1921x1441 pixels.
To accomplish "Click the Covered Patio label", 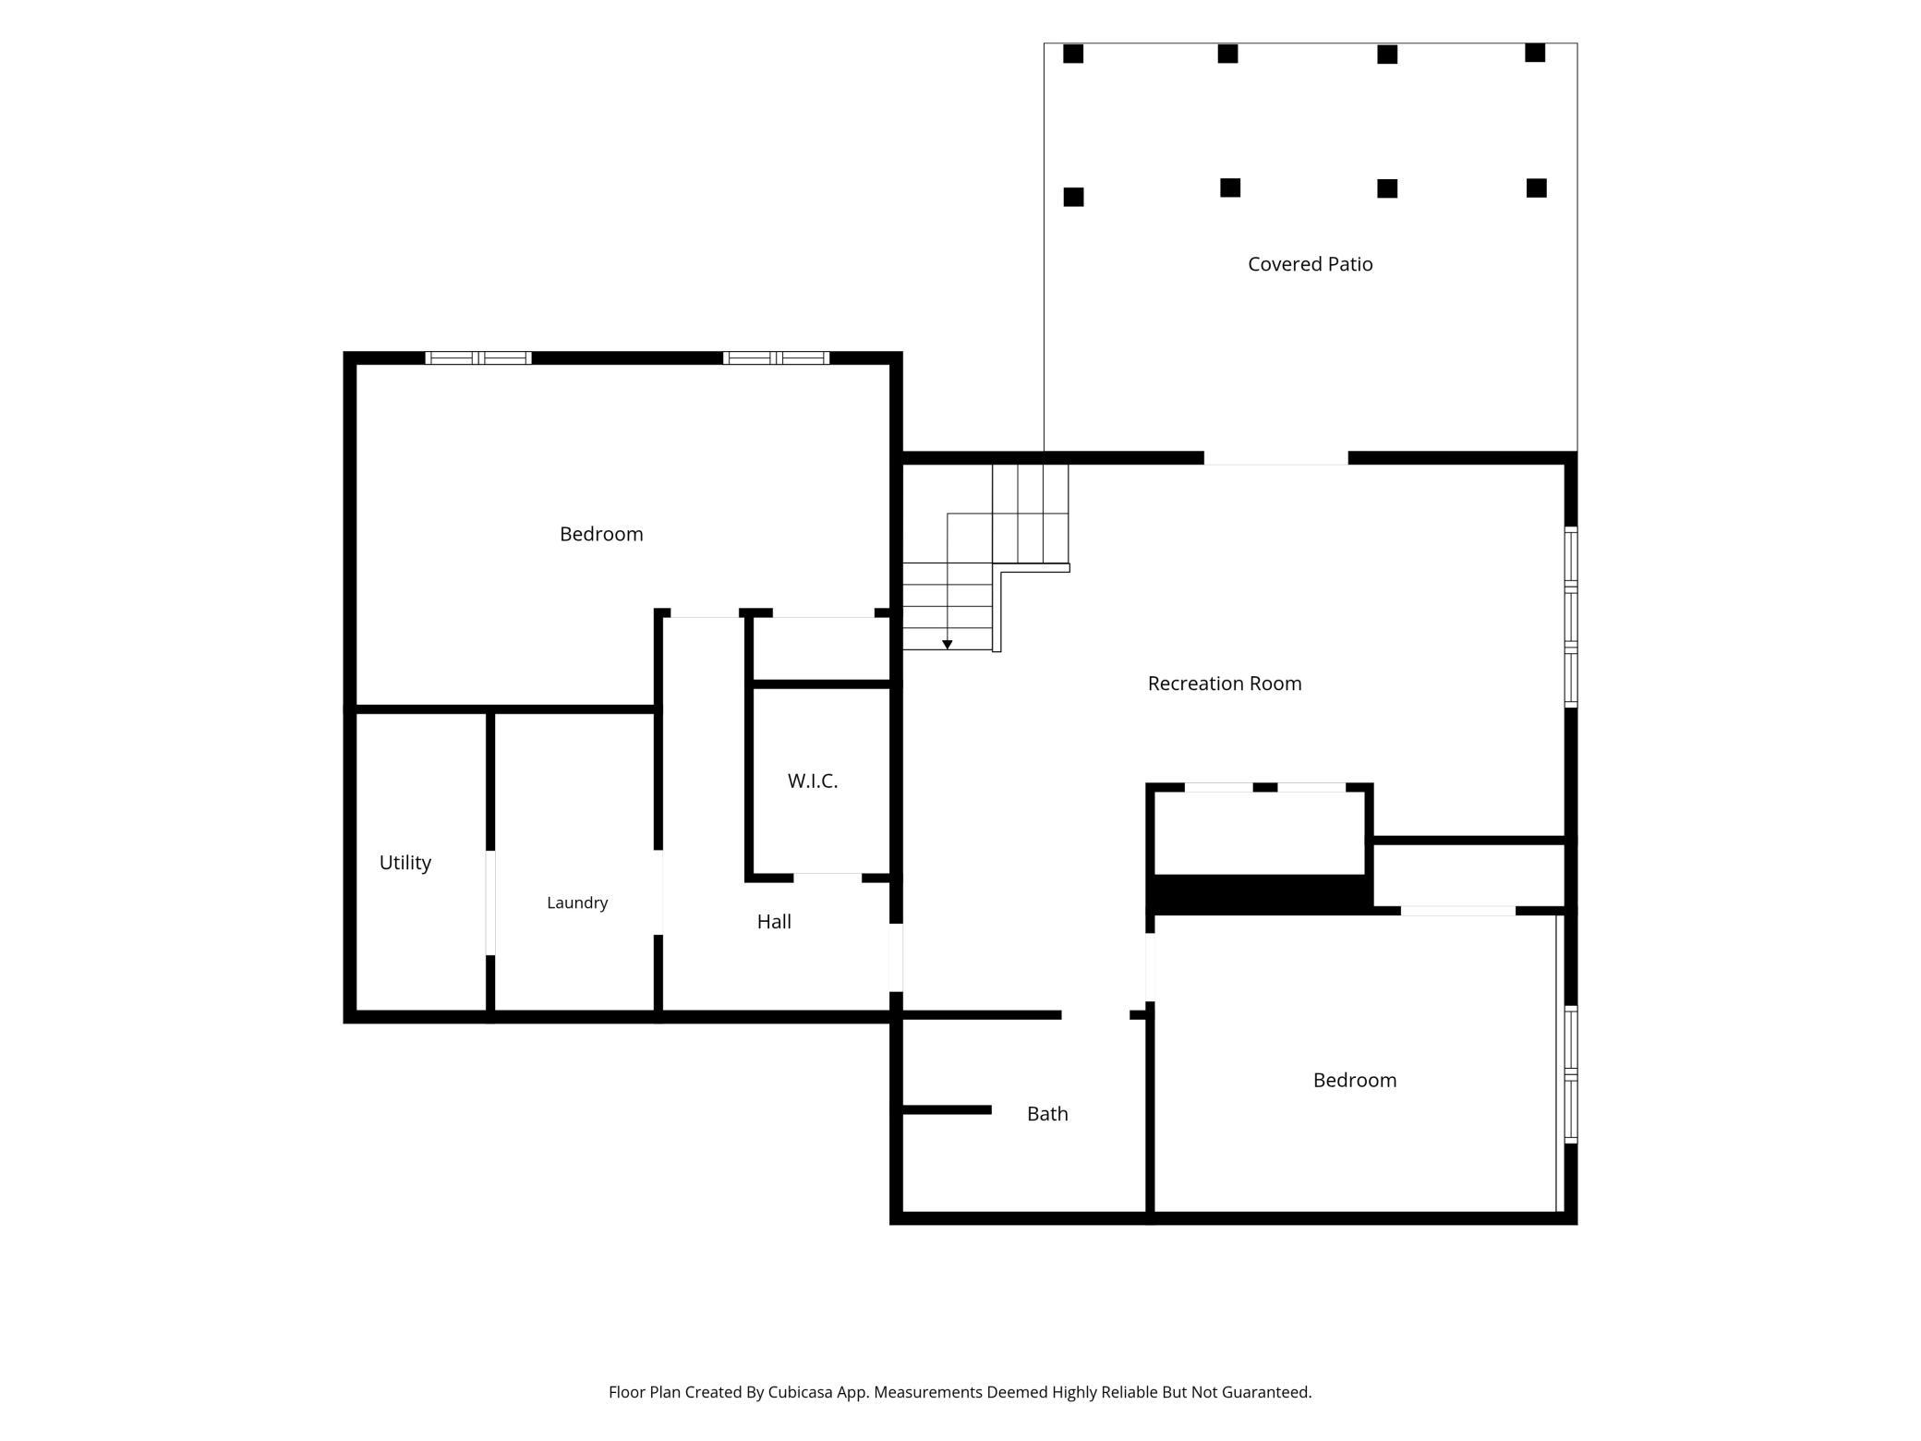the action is tap(1310, 264).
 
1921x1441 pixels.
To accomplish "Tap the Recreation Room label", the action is tap(1225, 684).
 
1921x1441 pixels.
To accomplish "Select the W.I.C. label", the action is tap(813, 781).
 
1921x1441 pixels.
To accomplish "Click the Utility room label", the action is tap(405, 863).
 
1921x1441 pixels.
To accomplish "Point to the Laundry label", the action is tap(577, 902).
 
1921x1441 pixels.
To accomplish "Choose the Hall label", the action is tap(774, 921).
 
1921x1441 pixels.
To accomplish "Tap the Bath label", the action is tap(1047, 1114).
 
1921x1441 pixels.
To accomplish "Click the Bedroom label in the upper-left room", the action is tap(601, 534).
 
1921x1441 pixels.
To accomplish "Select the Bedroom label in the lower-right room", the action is tap(1355, 1080).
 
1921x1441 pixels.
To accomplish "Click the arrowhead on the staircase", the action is tap(948, 645).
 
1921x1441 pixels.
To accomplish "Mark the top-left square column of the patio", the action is tap(1073, 54).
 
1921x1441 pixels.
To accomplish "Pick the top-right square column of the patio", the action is tap(1535, 53).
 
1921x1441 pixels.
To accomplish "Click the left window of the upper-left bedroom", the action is tap(478, 358).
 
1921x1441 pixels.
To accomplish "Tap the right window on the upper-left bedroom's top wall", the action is tap(776, 358).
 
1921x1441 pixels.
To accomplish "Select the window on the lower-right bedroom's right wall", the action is tap(1571, 1074).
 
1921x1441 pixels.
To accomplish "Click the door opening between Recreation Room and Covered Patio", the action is tap(1275, 458).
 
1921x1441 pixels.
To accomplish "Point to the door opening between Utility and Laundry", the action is tap(490, 902).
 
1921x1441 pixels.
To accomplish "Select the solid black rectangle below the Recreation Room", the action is tap(1260, 892).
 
